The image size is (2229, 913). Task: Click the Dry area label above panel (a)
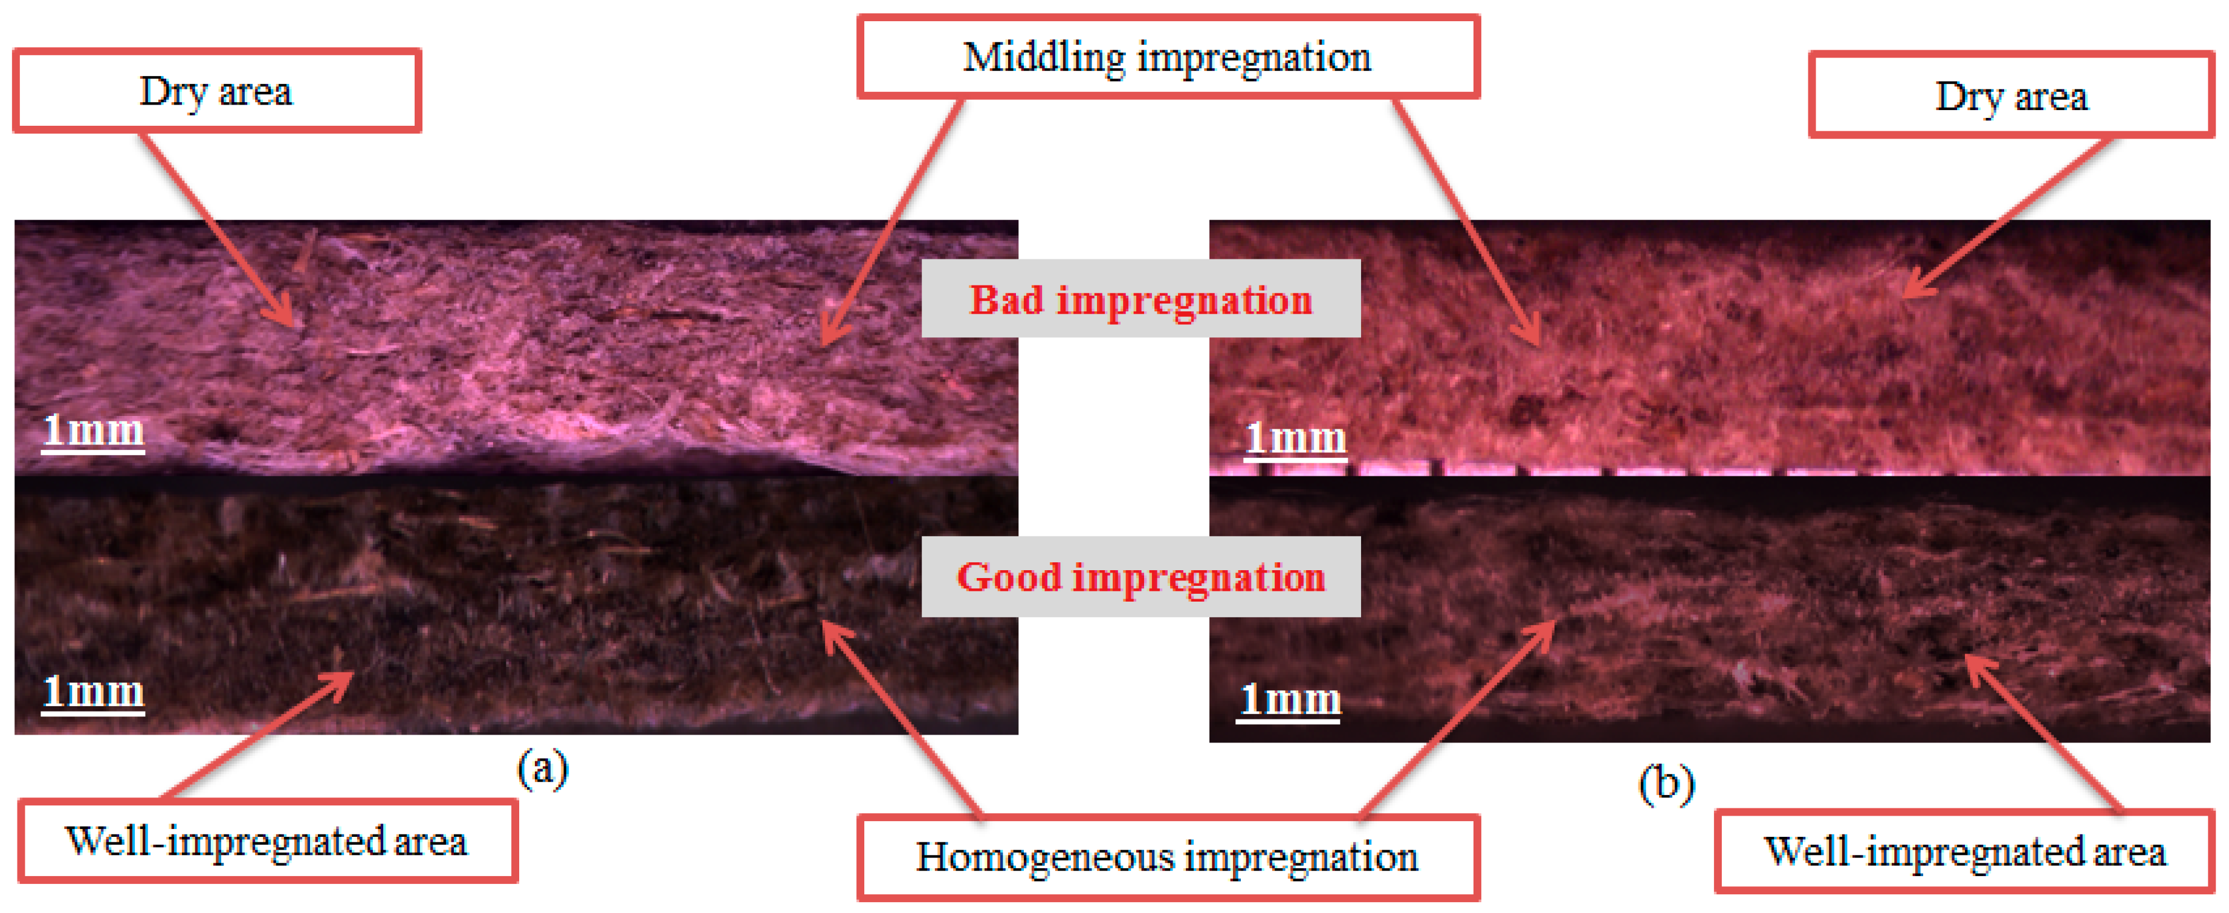pos(216,91)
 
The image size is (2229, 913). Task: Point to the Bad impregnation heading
pos(1140,299)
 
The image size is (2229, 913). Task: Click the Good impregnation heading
pos(1140,576)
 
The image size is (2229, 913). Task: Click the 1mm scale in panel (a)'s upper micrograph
pos(94,430)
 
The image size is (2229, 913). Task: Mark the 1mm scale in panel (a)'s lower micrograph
pos(94,692)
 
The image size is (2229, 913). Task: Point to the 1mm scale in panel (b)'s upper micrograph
pos(1295,439)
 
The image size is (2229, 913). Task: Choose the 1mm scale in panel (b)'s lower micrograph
pos(1289,699)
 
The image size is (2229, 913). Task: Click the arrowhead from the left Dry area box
pos(294,320)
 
